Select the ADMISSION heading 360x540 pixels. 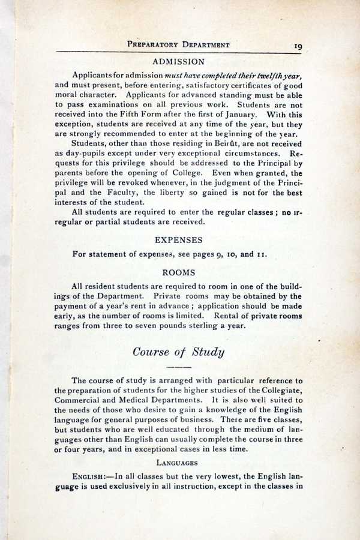(x=179, y=61)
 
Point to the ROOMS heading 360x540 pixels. (x=179, y=272)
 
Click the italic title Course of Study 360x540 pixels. (x=178, y=351)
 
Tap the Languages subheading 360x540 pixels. (x=178, y=463)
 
